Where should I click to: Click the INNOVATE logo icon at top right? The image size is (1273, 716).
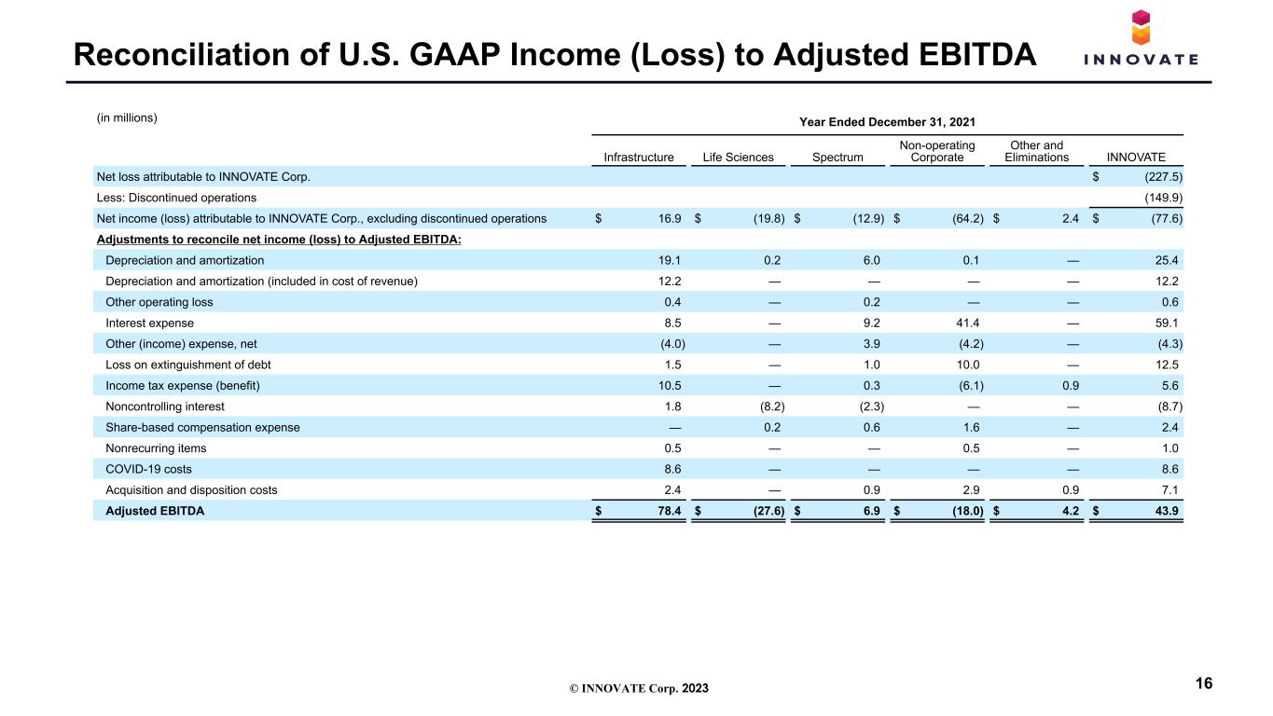point(1141,27)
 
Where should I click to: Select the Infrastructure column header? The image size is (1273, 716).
point(638,158)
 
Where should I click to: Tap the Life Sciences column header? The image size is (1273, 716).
point(738,158)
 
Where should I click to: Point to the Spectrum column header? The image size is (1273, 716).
point(837,158)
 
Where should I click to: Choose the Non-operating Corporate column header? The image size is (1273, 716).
point(936,151)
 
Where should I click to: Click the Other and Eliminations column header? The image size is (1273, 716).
point(1036,151)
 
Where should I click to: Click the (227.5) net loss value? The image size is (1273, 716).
point(1163,177)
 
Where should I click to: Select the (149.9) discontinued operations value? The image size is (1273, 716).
point(1163,198)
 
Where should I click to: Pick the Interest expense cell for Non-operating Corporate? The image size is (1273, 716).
point(967,323)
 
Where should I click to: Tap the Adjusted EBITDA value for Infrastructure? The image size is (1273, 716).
point(669,511)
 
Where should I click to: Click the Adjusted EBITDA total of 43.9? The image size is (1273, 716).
point(1166,511)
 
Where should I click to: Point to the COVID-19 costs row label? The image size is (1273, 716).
point(148,469)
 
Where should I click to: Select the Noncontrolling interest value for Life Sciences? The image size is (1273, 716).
point(772,406)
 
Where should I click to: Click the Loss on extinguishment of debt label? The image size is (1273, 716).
point(188,365)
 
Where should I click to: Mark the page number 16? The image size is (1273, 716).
point(1204,683)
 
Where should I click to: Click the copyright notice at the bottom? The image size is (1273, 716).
point(639,688)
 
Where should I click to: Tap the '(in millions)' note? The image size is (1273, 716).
point(127,117)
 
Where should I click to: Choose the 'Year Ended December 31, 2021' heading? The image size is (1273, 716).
point(887,122)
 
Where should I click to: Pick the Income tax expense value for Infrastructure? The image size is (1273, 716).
point(669,386)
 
